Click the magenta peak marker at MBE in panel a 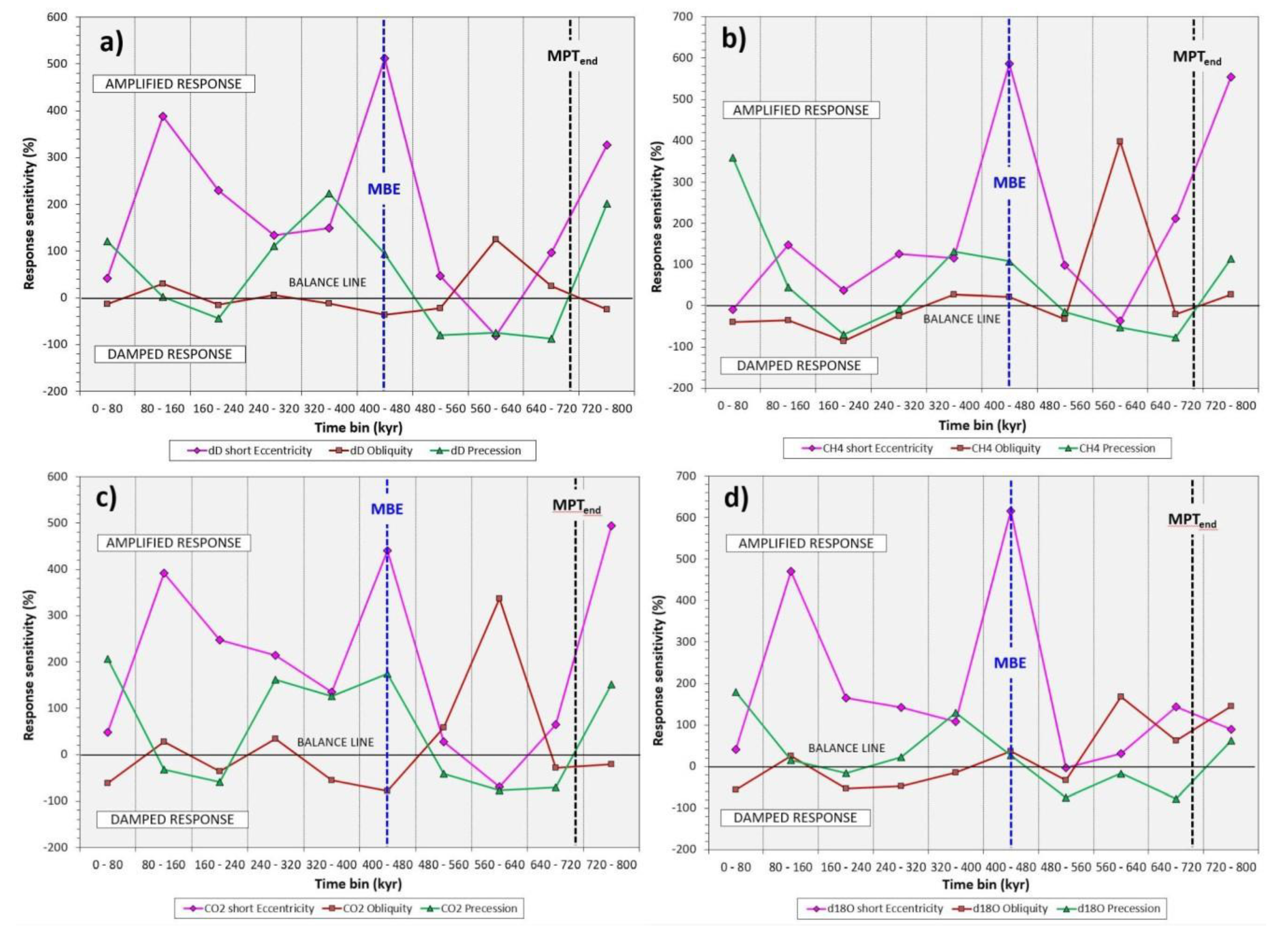[385, 58]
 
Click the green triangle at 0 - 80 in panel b [733, 158]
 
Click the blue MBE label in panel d [1010, 663]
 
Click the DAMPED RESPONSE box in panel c [172, 819]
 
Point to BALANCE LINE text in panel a [327, 282]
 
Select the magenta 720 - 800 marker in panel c [611, 526]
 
